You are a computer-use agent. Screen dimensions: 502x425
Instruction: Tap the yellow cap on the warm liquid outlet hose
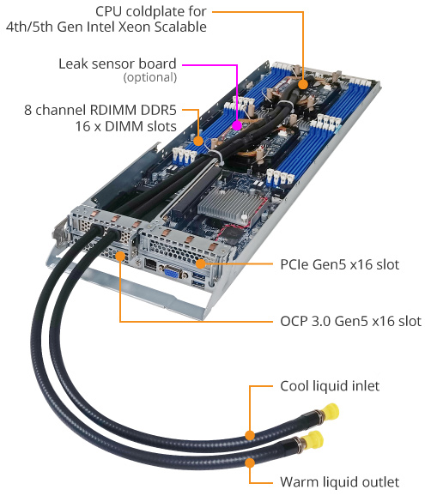(x=315, y=439)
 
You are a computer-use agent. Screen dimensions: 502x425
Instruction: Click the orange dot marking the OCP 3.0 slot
(x=120, y=256)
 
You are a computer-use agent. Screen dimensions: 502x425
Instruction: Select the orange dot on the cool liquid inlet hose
(x=250, y=435)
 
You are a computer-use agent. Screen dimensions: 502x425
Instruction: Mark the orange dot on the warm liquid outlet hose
(x=250, y=462)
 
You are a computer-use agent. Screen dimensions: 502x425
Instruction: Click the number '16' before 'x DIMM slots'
(x=82, y=126)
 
